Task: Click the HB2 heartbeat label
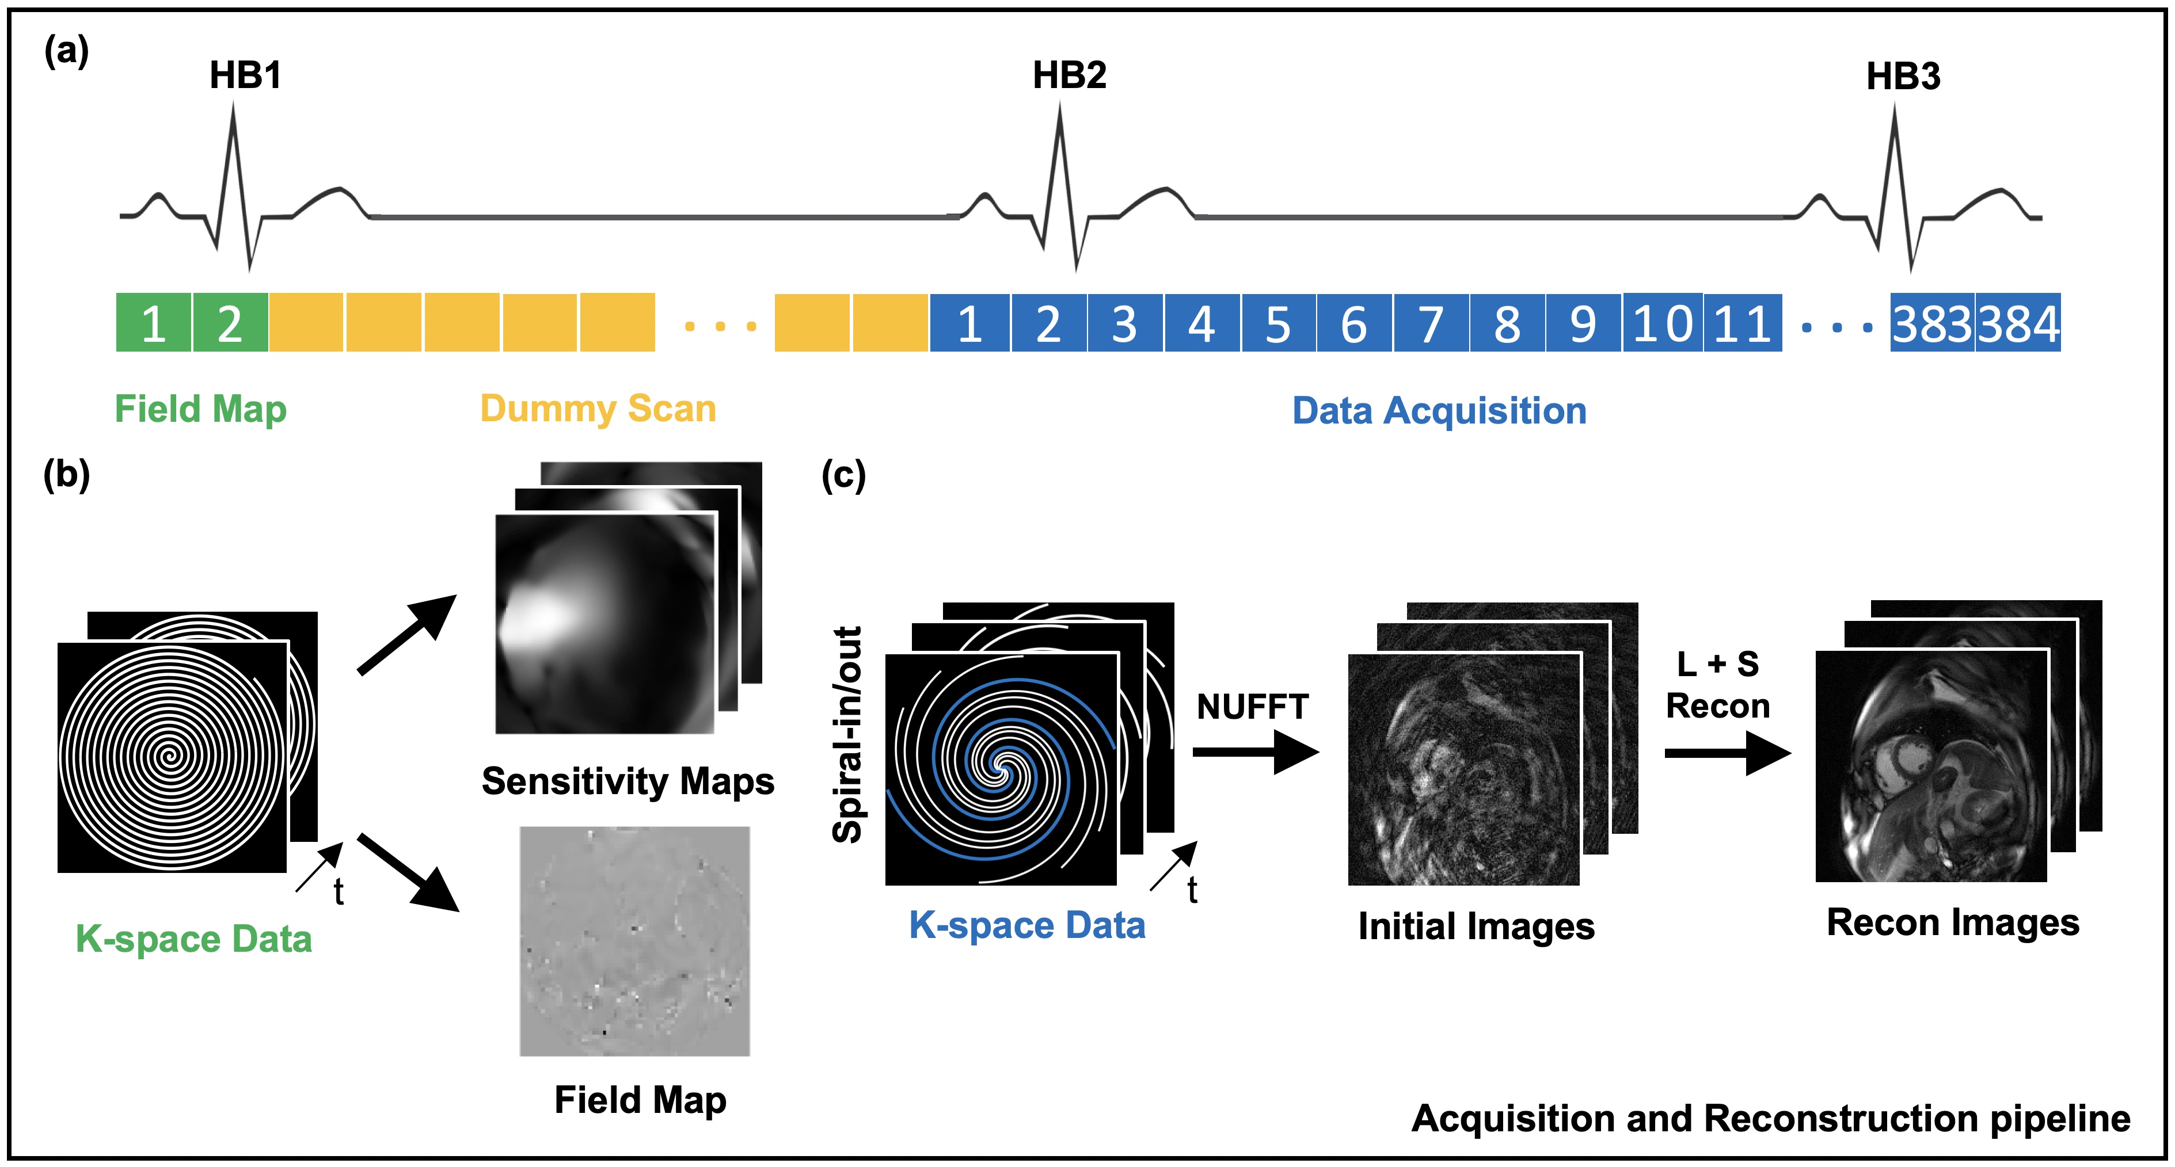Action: pos(1069,76)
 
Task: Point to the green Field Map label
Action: pos(201,409)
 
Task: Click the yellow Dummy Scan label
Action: pos(598,409)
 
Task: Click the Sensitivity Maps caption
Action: pos(628,781)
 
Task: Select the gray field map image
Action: pos(634,941)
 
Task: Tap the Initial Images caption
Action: pos(1476,926)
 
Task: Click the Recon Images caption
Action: pos(1952,922)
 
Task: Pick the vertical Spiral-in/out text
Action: pos(847,734)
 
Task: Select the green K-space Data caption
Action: pos(193,939)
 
